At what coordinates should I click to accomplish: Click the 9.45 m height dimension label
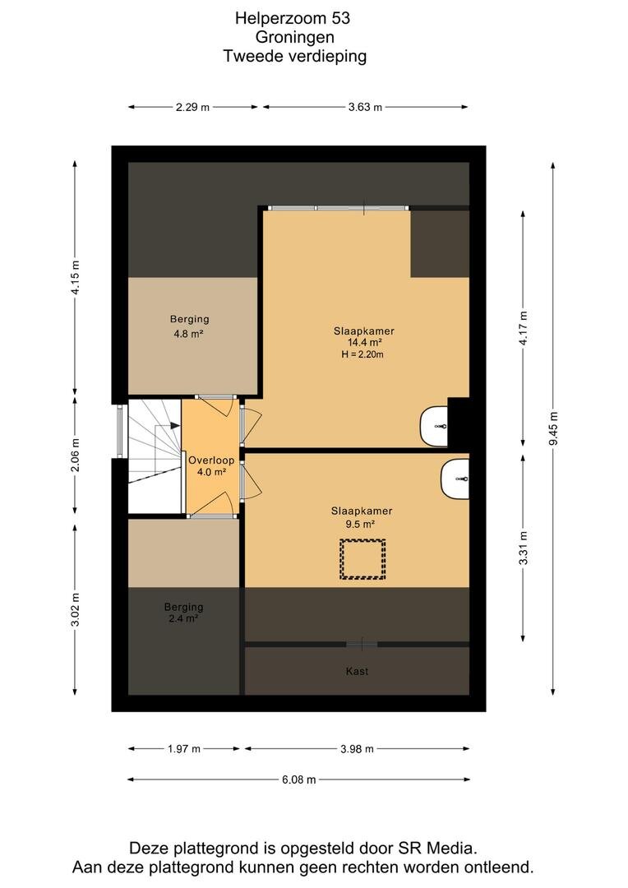coord(553,428)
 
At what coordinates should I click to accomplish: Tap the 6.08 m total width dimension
coord(299,779)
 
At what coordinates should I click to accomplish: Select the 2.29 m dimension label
coord(192,107)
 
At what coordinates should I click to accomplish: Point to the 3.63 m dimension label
coord(365,107)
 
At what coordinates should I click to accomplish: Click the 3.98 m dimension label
coord(358,749)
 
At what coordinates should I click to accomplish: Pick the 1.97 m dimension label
coord(184,749)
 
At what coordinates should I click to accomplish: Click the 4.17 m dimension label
coord(524,328)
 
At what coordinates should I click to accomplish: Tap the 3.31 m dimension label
coord(524,548)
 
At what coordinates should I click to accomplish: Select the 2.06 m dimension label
coord(76,455)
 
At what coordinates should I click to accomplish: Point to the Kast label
coord(357,671)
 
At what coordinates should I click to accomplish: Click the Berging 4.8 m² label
coord(189,326)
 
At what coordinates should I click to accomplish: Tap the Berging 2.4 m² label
coord(183,613)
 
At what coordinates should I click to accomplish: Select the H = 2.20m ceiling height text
coord(362,354)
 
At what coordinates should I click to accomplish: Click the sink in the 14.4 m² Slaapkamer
coord(434,426)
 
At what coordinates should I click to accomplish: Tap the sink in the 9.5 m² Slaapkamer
coord(455,479)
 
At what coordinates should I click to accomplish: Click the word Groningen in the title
coord(295,37)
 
